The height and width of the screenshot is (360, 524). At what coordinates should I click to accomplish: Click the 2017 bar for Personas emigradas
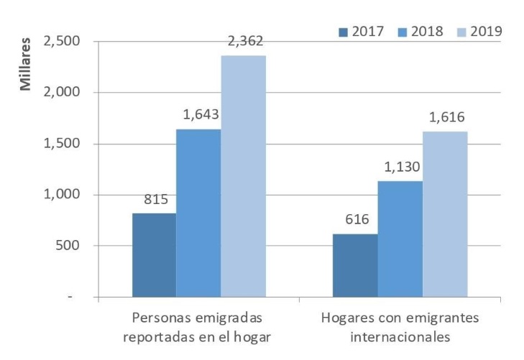coord(154,254)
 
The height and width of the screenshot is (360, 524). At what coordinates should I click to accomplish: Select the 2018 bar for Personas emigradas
coord(198,213)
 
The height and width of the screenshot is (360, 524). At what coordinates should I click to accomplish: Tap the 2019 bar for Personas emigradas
coord(243,176)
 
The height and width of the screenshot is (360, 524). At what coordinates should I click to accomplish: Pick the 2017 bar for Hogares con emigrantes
coord(356,265)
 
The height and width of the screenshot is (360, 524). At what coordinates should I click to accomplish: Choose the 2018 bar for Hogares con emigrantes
coord(400,239)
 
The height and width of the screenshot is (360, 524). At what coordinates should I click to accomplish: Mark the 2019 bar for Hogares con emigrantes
coord(445,213)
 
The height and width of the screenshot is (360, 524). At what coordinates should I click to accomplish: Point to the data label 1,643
coord(198,114)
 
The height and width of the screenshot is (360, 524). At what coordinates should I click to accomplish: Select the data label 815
coord(154,199)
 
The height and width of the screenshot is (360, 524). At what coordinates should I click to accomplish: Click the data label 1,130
coord(400,167)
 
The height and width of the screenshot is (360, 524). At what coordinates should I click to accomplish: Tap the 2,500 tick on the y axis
coord(63,42)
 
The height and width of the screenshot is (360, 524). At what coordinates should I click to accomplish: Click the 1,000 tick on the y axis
coord(63,195)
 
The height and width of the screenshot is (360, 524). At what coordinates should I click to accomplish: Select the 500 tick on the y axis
coord(68,246)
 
